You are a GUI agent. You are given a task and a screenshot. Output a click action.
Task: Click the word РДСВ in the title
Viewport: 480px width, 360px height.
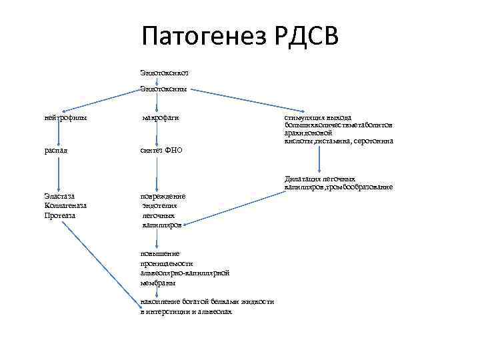pyautogui.click(x=305, y=35)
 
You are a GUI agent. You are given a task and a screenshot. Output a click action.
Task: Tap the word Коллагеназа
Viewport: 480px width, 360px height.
pyautogui.click(x=65, y=206)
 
